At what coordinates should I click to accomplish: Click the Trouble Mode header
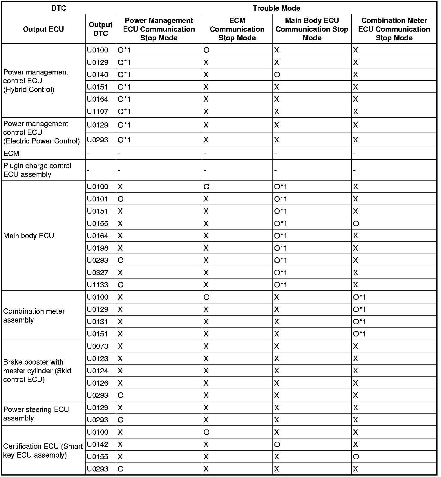(276, 8)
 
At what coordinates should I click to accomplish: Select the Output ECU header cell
(43, 29)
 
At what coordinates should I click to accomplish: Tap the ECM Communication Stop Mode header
(237, 29)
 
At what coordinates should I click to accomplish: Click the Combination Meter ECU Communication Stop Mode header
(394, 29)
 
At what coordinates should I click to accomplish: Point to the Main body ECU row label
(29, 236)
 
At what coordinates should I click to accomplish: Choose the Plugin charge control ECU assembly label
(37, 170)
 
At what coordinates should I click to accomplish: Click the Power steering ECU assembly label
(36, 414)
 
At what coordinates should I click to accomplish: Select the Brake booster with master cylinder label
(37, 371)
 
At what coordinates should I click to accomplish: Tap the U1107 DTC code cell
(97, 112)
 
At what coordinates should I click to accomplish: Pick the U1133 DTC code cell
(97, 285)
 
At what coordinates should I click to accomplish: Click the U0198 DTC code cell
(97, 248)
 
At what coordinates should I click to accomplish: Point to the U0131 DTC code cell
(97, 322)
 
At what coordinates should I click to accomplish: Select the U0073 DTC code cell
(97, 346)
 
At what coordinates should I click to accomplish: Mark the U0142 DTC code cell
(97, 445)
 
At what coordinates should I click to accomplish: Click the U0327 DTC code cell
(97, 273)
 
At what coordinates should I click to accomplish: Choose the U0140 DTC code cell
(97, 75)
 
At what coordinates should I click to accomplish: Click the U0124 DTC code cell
(97, 371)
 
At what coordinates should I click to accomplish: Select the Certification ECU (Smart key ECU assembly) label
(43, 451)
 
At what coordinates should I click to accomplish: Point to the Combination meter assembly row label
(34, 316)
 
